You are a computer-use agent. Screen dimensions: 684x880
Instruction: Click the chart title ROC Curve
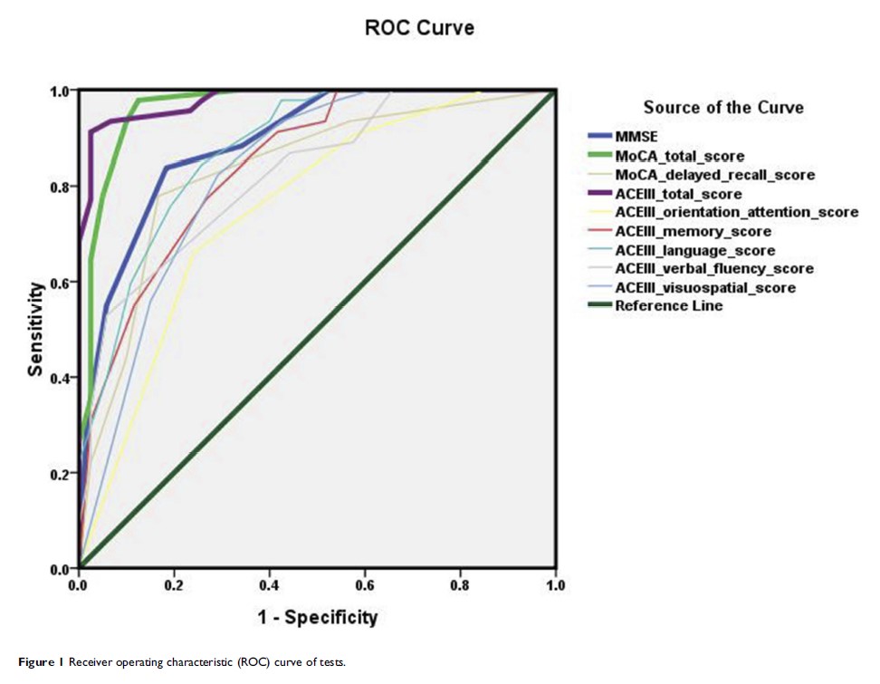pos(419,28)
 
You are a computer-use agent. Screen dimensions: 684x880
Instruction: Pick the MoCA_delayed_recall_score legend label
pos(714,174)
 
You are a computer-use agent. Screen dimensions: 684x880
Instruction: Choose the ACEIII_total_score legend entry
pos(678,194)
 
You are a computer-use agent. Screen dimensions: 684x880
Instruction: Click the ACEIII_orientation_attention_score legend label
pos(736,212)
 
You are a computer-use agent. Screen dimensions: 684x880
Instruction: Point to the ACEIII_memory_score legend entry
pos(693,231)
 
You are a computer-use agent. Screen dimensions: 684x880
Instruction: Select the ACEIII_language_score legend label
pos(694,250)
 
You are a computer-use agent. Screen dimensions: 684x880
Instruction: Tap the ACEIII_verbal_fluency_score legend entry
pos(713,268)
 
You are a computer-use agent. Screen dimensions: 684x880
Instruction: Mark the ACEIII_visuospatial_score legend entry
pos(705,287)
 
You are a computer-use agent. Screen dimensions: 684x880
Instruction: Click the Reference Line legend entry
pos(668,306)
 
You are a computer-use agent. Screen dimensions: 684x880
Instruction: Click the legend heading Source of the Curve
pos(722,107)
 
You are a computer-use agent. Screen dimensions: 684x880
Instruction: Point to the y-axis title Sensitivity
pos(36,329)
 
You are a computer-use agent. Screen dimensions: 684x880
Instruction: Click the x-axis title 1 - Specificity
pos(317,618)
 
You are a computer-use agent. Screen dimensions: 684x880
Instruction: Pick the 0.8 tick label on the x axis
pos(460,586)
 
